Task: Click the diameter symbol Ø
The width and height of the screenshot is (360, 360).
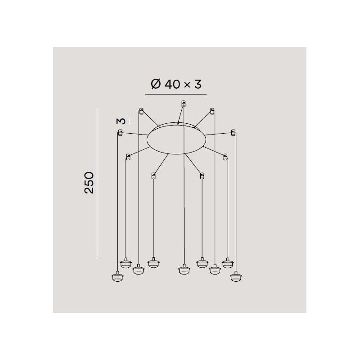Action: tap(155, 85)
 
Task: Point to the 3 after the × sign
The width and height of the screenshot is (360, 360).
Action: tap(198, 85)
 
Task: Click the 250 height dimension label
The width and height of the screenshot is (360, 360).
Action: tap(90, 182)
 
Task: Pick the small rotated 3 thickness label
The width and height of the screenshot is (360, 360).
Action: tap(120, 121)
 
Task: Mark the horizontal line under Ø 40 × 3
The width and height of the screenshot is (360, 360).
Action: tap(175, 94)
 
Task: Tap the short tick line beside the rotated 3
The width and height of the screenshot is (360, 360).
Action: tap(128, 121)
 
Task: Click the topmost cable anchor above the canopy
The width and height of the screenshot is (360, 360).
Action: tap(182, 103)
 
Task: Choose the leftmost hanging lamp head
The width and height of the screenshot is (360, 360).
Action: tap(117, 277)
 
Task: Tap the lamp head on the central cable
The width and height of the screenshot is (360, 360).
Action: tap(183, 270)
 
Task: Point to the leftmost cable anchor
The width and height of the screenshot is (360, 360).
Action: tap(120, 132)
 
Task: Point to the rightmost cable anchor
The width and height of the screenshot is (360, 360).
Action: tap(233, 132)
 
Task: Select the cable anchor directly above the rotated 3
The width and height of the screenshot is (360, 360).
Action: tap(141, 110)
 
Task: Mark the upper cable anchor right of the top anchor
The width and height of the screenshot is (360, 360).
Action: tap(211, 110)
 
